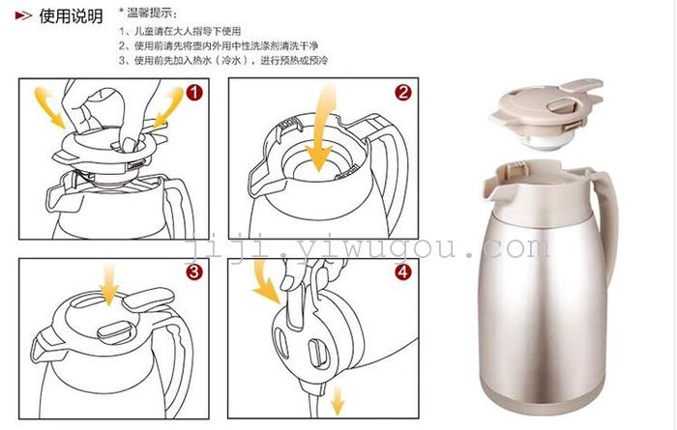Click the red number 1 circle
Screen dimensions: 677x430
tap(194, 93)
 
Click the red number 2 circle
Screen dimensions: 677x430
tap(403, 93)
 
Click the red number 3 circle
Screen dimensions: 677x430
tap(194, 272)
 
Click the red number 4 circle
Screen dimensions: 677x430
tap(403, 272)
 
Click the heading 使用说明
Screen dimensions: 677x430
tap(72, 16)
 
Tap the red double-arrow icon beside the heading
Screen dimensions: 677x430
tap(23, 16)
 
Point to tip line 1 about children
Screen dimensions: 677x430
tap(180, 31)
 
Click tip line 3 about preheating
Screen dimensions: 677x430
tap(223, 60)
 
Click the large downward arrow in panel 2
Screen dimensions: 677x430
tap(322, 129)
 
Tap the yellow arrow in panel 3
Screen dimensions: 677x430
tap(108, 285)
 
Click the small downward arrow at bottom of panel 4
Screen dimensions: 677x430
tap(338, 400)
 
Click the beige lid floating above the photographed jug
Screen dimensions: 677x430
tap(547, 112)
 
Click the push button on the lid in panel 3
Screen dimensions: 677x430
tap(115, 333)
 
